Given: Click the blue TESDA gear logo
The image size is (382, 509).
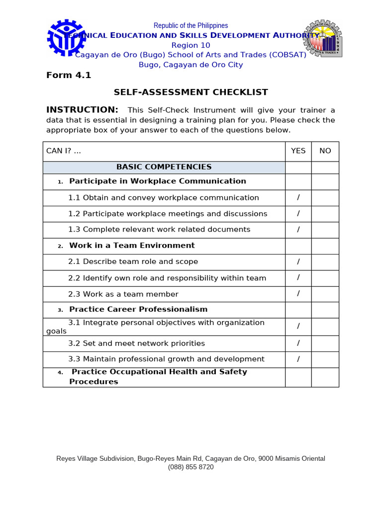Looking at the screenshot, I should [x=66, y=38].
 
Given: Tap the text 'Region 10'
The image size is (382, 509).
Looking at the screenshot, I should [x=191, y=45].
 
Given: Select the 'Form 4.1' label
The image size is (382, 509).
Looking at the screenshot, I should [x=69, y=76].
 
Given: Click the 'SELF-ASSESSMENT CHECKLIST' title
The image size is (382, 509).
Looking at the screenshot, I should [x=191, y=92].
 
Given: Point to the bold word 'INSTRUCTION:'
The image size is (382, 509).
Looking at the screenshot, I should [x=82, y=110].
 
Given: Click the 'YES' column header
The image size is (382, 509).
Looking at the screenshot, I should [x=298, y=151].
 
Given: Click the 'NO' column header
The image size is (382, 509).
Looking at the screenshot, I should [x=325, y=151].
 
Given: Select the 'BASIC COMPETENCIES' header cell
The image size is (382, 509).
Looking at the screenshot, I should [x=164, y=167].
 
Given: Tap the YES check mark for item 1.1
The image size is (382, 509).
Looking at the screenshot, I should [x=298, y=197].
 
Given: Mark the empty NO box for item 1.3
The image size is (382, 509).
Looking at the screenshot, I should [x=325, y=230].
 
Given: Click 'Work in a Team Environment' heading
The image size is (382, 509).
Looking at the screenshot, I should [x=132, y=246].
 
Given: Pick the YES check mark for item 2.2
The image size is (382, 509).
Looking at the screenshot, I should [x=298, y=278].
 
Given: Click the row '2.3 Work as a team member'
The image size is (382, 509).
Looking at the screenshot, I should [x=123, y=294].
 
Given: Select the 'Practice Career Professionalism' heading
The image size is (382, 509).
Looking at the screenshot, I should [x=138, y=310].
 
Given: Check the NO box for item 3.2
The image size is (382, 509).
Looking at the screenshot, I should [x=325, y=343].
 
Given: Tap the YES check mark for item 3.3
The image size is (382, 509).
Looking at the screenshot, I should [x=298, y=359].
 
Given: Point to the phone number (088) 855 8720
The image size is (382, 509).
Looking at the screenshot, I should [x=191, y=467].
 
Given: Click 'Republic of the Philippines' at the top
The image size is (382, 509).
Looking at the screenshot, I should [x=191, y=25].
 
